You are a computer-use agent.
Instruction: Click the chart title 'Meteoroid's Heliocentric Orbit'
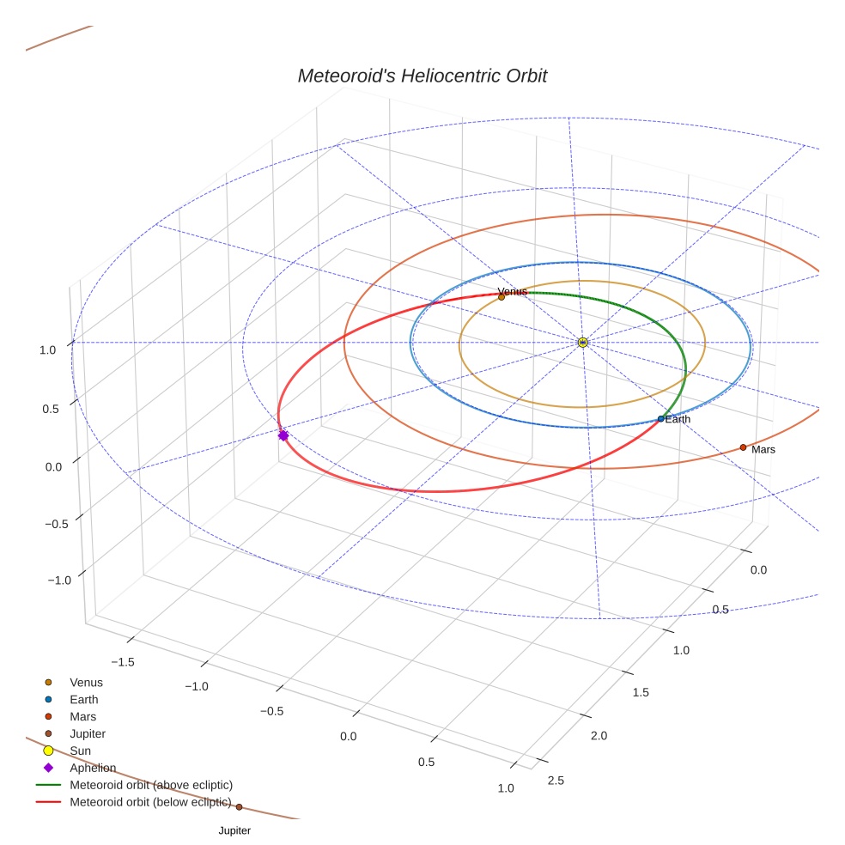[422, 76]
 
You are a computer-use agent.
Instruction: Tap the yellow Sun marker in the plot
[582, 343]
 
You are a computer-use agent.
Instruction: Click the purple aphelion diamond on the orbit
[283, 435]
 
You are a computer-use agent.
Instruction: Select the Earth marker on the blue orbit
[660, 419]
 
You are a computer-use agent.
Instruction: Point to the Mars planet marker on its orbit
[743, 447]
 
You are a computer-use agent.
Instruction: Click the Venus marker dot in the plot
[502, 297]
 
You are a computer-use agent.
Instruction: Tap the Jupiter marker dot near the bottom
[239, 806]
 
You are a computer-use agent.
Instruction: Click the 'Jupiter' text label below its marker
[234, 830]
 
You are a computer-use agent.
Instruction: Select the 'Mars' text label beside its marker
[763, 449]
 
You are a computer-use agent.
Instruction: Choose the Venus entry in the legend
[86, 682]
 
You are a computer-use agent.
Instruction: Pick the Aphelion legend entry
[92, 768]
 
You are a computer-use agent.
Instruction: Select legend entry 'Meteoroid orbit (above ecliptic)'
[151, 785]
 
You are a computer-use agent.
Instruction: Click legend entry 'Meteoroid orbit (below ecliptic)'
[150, 803]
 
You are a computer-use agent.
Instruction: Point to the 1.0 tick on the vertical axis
[47, 350]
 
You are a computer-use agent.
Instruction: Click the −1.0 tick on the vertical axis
[58, 581]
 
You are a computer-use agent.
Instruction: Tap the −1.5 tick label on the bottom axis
[125, 662]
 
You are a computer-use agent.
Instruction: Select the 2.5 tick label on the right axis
[556, 780]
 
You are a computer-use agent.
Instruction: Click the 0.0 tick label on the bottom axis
[349, 737]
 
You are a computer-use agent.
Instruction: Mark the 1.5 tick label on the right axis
[640, 692]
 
